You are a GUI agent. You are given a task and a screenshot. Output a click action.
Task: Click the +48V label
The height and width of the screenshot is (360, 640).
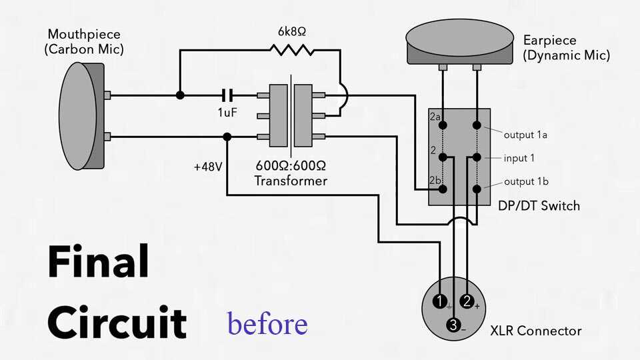(x=207, y=167)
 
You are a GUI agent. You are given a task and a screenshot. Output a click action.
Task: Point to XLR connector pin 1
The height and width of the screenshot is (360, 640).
(x=439, y=301)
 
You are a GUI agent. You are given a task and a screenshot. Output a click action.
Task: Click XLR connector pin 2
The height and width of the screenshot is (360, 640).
(x=467, y=301)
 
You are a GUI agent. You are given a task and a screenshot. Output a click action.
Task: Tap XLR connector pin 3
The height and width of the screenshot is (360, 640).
(x=453, y=325)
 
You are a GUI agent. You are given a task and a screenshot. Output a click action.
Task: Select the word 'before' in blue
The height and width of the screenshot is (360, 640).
(x=267, y=323)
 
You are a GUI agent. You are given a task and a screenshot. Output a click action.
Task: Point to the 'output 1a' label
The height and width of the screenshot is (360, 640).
(x=526, y=135)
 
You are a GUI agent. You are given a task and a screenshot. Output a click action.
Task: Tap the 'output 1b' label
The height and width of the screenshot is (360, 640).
(x=526, y=181)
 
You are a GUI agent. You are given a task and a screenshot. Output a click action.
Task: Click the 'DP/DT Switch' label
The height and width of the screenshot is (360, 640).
(x=539, y=205)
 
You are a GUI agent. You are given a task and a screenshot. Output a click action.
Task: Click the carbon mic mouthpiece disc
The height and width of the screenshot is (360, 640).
(x=79, y=116)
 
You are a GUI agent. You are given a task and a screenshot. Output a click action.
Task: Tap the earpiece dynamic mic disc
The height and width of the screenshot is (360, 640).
(x=461, y=40)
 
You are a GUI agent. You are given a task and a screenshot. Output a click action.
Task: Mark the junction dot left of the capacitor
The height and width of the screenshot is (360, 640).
(x=180, y=95)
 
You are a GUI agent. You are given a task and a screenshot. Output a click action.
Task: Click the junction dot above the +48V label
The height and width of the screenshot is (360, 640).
(x=227, y=137)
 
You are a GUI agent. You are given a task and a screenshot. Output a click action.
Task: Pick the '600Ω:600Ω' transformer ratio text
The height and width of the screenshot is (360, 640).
(x=291, y=166)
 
